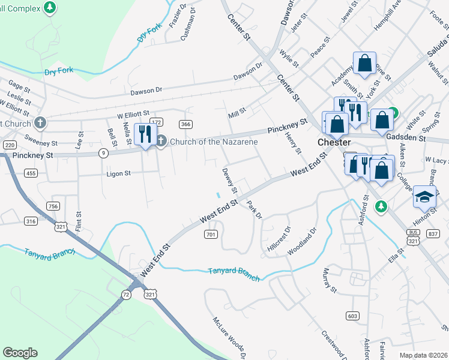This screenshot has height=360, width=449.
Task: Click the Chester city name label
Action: coord(334,143)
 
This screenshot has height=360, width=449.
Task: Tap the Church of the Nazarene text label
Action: coord(214,142)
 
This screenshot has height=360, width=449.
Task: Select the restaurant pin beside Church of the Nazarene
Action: coord(145,134)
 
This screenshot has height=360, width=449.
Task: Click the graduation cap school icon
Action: coord(424,196)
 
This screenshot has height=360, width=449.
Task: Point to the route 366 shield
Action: coord(185,124)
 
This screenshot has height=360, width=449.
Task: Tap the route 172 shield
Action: coord(157,122)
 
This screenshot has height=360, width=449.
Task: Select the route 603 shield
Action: coord(352,316)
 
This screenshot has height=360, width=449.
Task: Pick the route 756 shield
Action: coord(53,206)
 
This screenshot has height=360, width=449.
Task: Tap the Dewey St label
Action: coord(230,181)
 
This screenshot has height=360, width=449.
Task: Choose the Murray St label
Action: coord(330,280)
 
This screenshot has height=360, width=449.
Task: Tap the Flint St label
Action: coord(78,221)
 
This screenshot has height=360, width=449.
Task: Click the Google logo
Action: coord(20,353)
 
